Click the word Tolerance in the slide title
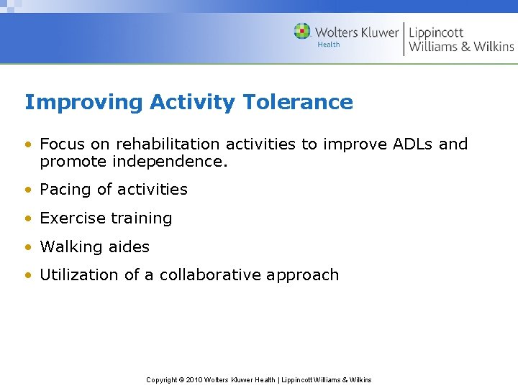click(298, 102)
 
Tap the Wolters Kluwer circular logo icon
click(302, 32)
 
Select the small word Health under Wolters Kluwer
click(329, 45)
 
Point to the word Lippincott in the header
click(437, 32)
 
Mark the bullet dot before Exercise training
click(29, 218)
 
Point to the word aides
click(129, 247)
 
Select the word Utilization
click(78, 275)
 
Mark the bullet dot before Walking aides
click(29, 247)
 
